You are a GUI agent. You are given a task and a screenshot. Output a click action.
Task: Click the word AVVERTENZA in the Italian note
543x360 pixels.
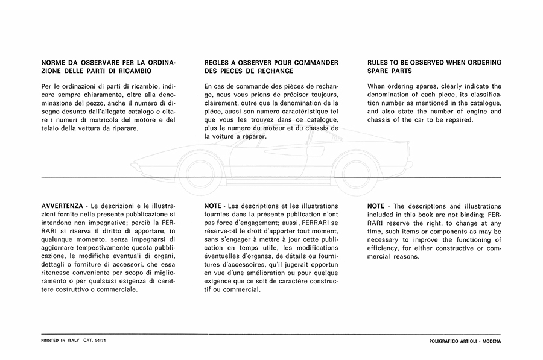pos(62,206)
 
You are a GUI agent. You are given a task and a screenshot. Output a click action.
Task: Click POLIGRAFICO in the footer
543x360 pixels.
pos(439,341)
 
